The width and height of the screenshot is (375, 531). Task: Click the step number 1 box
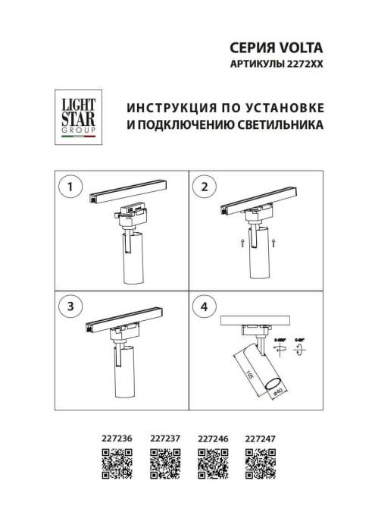pos(70,186)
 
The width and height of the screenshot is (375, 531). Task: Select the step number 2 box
pos(204,186)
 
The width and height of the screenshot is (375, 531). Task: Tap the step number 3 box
pos(70,306)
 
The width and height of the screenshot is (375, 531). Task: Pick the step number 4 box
pos(204,306)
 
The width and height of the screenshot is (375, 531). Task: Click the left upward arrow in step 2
pos(221,242)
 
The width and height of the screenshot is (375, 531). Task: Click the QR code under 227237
pos(164,462)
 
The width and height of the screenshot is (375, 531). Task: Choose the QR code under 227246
pos(211,462)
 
